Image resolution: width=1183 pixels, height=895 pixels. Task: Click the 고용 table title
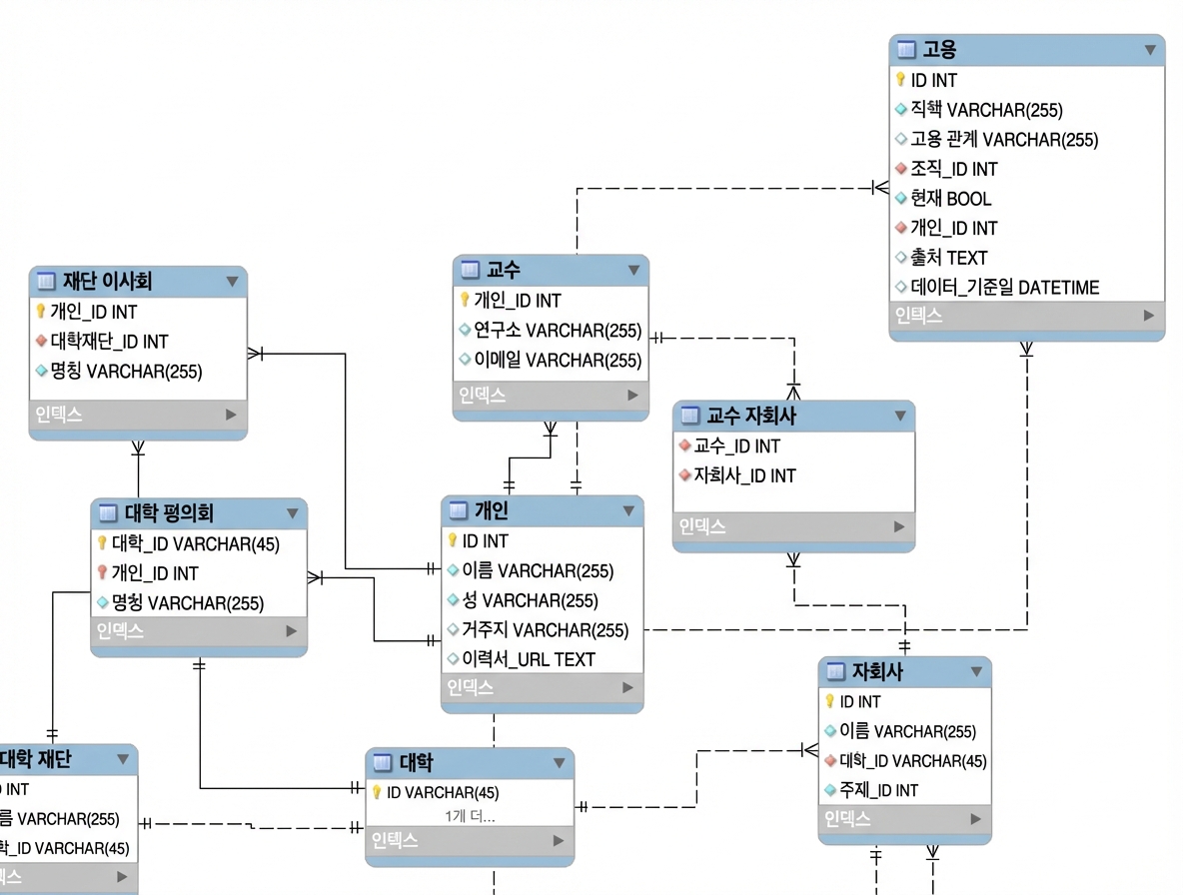[939, 50]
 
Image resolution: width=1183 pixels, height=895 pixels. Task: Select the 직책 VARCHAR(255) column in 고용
[986, 109]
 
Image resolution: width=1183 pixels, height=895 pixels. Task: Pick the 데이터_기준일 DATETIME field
[1004, 288]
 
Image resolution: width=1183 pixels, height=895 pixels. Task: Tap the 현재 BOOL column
[950, 199]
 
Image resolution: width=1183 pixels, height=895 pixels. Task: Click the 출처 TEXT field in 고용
[948, 258]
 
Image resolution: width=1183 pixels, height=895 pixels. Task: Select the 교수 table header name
[504, 269]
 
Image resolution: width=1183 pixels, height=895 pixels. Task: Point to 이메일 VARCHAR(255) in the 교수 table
[558, 361]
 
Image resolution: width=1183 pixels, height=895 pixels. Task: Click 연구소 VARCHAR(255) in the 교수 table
[558, 331]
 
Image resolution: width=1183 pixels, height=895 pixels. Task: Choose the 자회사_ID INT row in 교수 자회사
[744, 475]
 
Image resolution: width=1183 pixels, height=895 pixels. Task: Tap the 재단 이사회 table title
[107, 282]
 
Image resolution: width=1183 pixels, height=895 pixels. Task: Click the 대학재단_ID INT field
[109, 342]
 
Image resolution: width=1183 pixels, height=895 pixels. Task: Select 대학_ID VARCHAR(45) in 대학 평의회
[196, 543]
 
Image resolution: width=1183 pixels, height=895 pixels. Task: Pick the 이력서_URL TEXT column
[529, 659]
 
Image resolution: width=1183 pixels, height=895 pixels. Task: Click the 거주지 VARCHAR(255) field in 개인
[545, 630]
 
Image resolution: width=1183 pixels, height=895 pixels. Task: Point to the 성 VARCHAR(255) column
[530, 600]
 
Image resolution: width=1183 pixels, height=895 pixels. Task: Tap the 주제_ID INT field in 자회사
[878, 790]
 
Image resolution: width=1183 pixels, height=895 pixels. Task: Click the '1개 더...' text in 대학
[470, 816]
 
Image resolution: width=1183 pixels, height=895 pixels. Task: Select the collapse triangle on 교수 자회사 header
[900, 416]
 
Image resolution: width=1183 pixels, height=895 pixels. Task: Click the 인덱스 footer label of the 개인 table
[470, 687]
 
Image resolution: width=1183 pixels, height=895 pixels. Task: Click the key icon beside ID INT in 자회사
[830, 701]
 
